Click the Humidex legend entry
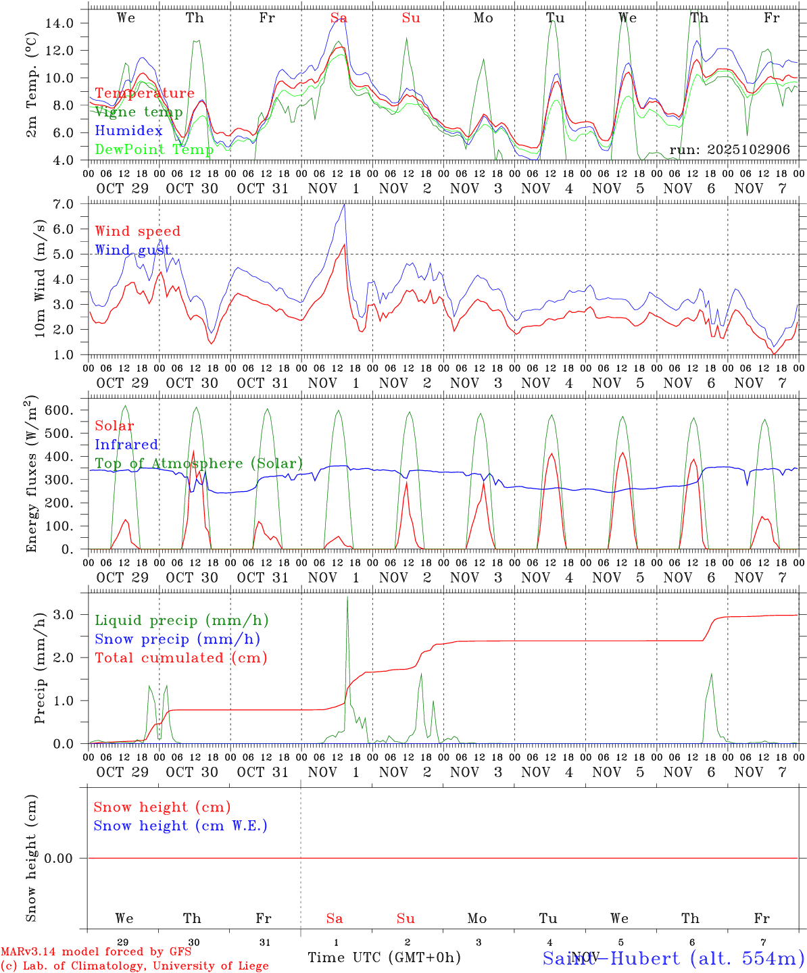pos(128,131)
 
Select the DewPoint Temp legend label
pos(154,149)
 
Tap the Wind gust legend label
pos(132,250)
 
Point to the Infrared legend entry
pos(126,445)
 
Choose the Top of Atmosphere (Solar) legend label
pos(199,464)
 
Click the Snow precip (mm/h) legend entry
pos(177,639)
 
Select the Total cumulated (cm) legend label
pos(180,658)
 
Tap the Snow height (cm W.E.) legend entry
pos(180,826)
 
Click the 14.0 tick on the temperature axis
pos(59,23)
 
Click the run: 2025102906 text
pos(729,150)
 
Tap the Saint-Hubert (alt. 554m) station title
pos(673,958)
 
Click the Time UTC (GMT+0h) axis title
pos(384,957)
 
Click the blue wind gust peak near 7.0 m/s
pos(345,205)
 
